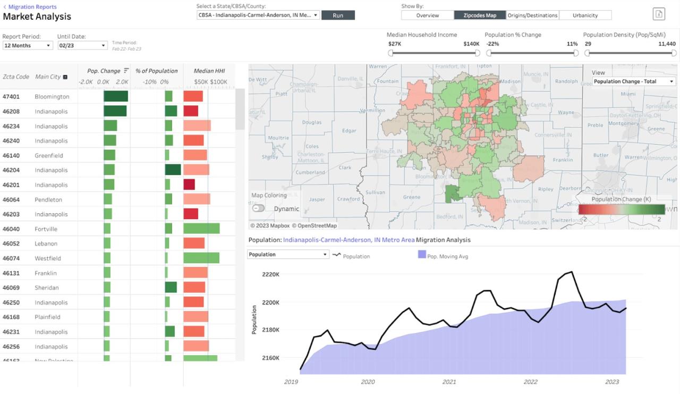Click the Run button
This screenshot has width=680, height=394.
pos(338,15)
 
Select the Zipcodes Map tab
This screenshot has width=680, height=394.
pos(479,15)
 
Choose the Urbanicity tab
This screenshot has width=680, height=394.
pos(585,15)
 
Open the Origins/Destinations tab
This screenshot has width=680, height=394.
pos(532,15)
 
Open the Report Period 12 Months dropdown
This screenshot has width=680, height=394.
pos(28,46)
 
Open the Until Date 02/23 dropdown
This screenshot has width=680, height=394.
pos(82,46)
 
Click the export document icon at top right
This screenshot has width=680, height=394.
pos(659,14)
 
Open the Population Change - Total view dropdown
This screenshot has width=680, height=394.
pos(634,81)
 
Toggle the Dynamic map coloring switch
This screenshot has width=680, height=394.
pos(259,208)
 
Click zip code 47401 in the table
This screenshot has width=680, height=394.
pos(12,97)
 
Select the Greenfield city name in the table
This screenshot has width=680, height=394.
pos(49,156)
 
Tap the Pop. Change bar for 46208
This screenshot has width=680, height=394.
pos(115,111)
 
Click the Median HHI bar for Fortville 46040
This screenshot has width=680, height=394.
pos(201,229)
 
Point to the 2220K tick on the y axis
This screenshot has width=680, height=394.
pos(271,274)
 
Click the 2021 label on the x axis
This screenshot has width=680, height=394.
pos(449,382)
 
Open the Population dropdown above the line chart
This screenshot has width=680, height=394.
pos(288,255)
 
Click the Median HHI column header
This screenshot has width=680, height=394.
pos(209,71)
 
